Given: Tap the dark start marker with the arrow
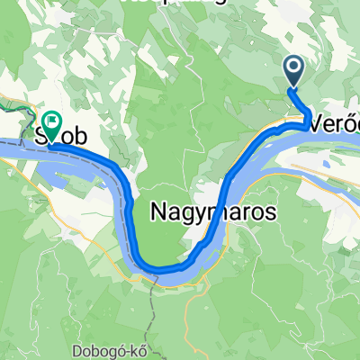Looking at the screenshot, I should [295, 68].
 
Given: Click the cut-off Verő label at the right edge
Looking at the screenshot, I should [332, 125].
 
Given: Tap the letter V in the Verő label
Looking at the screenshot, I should [314, 125].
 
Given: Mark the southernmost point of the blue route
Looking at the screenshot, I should [162, 268].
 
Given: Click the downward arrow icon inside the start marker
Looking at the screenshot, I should [295, 66].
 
